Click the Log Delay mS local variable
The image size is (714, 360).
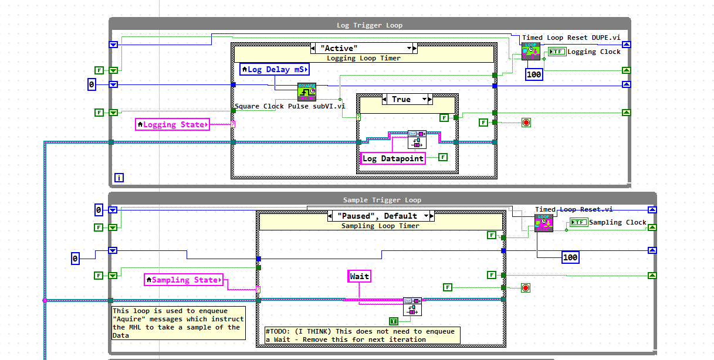[275, 70]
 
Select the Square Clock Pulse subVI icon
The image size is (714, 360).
[307, 92]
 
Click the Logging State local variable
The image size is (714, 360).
[172, 124]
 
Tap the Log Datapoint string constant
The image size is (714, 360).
[392, 158]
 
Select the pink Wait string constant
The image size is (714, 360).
[360, 276]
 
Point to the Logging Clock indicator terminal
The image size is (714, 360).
[557, 52]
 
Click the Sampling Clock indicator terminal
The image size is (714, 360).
[578, 222]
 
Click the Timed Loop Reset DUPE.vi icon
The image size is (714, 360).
[530, 51]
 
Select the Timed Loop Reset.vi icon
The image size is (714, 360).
[543, 223]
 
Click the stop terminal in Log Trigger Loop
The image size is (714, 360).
[526, 123]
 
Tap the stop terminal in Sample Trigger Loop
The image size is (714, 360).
[525, 287]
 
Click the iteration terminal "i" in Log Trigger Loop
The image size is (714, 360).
[119, 177]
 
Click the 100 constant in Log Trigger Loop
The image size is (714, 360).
[534, 74]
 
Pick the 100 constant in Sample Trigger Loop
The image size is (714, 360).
[570, 257]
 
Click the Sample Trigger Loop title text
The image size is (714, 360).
[382, 200]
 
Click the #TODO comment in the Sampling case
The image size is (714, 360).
[362, 335]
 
